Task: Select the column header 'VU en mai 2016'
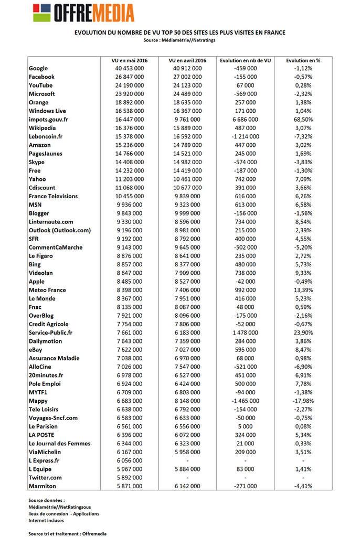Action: click(130, 60)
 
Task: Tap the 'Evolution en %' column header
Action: click(303, 60)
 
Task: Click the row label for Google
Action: click(38, 68)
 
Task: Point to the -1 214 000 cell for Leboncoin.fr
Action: click(246, 136)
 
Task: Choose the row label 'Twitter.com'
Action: click(45, 478)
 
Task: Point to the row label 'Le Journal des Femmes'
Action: click(59, 444)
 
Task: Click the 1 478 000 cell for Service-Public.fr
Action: click(246, 332)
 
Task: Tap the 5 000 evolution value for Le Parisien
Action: click(246, 426)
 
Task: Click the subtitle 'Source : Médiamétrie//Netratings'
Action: click(180, 40)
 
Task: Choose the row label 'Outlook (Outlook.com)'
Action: click(60, 230)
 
